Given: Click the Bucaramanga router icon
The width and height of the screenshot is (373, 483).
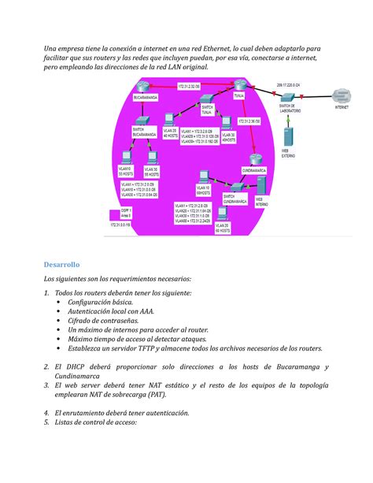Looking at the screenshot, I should [x=142, y=87].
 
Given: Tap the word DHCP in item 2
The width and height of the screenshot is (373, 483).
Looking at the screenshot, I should [x=73, y=368].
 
